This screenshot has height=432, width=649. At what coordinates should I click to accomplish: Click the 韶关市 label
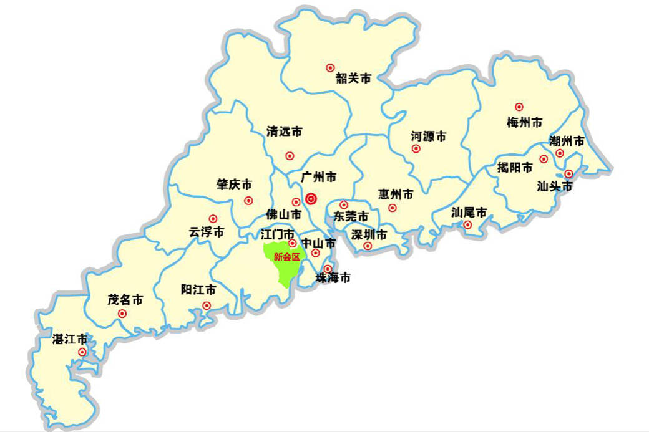tap(353, 79)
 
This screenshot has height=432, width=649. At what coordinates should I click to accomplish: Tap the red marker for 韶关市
tap(330, 67)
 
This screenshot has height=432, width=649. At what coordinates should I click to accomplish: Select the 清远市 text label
tap(284, 132)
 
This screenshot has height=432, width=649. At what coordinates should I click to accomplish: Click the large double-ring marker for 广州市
tap(311, 199)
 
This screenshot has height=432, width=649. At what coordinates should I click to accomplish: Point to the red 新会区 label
tap(287, 257)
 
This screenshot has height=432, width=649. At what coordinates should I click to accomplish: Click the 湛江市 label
tap(70, 339)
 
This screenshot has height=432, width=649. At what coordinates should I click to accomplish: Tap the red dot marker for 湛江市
tap(82, 352)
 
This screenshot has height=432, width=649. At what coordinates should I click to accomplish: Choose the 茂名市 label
tap(125, 300)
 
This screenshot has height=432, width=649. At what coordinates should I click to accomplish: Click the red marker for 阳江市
tap(207, 305)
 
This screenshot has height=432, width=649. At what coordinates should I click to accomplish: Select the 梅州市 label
tap(524, 122)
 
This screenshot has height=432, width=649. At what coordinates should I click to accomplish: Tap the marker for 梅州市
tap(519, 107)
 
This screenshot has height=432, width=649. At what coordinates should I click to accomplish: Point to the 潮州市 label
tap(567, 142)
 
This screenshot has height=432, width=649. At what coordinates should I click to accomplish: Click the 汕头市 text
tap(555, 186)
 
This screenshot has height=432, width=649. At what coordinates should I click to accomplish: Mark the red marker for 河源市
tap(416, 148)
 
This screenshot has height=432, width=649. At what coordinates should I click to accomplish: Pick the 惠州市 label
tap(396, 194)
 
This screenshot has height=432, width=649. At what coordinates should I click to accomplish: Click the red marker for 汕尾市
tap(467, 224)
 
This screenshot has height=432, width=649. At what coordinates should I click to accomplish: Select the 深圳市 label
tap(369, 235)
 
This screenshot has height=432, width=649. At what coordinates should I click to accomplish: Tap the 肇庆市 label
tap(234, 185)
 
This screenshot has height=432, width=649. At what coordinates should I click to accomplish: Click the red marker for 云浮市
tap(213, 219)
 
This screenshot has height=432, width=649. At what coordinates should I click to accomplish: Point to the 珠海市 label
tap(333, 277)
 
